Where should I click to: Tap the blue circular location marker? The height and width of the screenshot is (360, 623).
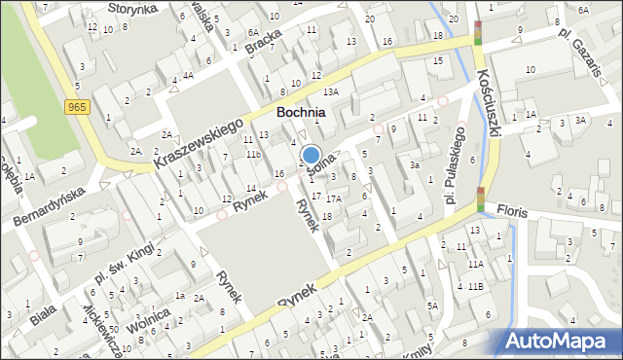coord(311,155)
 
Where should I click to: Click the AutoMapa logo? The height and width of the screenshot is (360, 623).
coord(563,342)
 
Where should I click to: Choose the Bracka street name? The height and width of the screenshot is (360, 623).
coord(264,45)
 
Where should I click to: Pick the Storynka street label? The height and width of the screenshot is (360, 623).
coord(132,8)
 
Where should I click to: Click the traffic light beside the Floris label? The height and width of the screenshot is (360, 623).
coord(479,198)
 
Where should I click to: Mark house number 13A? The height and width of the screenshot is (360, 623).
coord(331,91)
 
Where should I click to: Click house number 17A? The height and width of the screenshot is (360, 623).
coord(333,198)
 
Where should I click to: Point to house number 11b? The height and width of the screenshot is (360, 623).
coord(253,155)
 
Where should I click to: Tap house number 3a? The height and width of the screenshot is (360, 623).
coord(414,165)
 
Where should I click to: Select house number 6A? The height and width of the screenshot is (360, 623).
coord(582,10)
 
